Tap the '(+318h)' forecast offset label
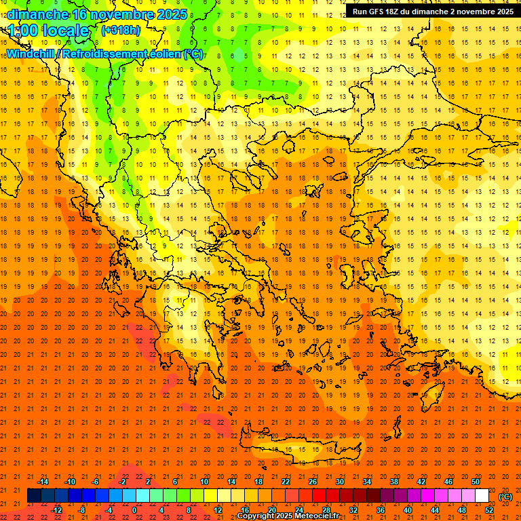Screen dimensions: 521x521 click(121, 31)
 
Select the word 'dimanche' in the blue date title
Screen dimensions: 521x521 click(38, 14)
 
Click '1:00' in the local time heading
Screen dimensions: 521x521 click(24, 31)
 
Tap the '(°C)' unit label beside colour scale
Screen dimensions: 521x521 click(505, 497)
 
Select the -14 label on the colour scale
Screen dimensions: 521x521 click(43, 481)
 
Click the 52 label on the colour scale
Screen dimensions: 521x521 click(488, 510)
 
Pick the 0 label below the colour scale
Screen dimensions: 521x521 click(134, 510)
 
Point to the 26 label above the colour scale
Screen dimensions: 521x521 click(312, 481)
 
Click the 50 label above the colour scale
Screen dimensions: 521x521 click(475, 481)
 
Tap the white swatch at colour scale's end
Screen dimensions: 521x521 click(482, 496)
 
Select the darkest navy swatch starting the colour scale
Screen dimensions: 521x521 click(34, 496)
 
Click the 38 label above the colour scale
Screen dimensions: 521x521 click(393, 481)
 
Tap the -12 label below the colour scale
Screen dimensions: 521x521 click(56, 510)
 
